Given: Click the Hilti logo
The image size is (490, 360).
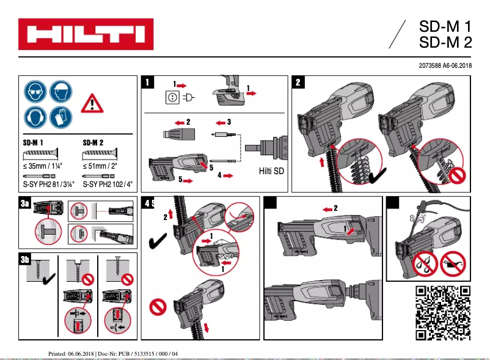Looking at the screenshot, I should click(86, 34).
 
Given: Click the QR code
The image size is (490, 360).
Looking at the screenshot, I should click(443, 312).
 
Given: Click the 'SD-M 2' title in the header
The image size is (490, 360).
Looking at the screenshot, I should click(446, 42).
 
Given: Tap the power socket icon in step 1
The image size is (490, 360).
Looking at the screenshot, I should click(172, 97).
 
